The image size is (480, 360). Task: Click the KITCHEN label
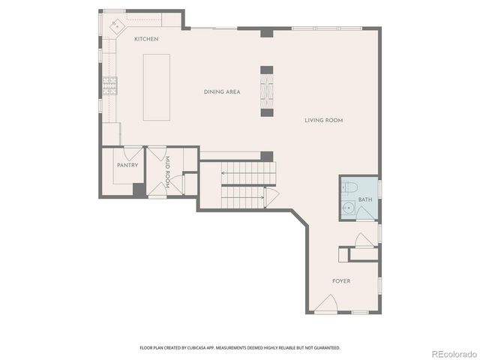(x=145, y=39)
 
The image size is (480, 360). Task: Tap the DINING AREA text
(x=221, y=91)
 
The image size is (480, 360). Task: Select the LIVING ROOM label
(x=325, y=120)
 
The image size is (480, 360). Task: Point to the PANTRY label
(x=127, y=165)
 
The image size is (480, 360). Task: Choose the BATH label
(x=364, y=199)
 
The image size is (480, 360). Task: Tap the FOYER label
(x=341, y=281)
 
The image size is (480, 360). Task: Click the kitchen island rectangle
(x=155, y=87)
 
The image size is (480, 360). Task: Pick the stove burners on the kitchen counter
(x=109, y=86)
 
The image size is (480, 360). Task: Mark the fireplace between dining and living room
(x=266, y=91)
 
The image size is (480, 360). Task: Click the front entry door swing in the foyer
(x=326, y=304)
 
